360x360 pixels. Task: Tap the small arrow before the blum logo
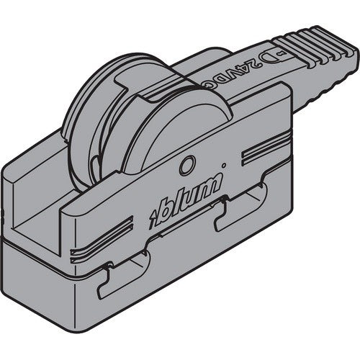click(x=151, y=217)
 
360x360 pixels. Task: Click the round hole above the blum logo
click(x=186, y=166)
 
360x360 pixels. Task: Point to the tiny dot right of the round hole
click(x=224, y=165)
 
